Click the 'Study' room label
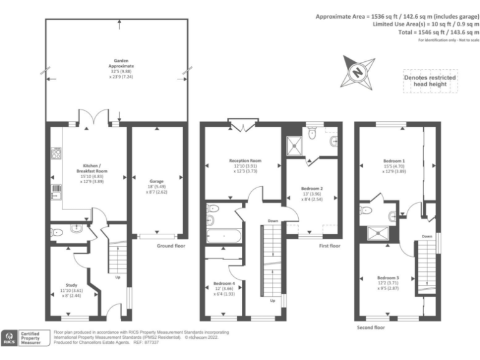pyautogui.click(x=71, y=285)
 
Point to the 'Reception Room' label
pyautogui.click(x=245, y=161)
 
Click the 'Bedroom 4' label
pyautogui.click(x=224, y=284)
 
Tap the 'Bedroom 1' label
pyautogui.click(x=394, y=161)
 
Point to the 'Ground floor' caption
pyautogui.click(x=171, y=246)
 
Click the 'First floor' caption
pyautogui.click(x=329, y=246)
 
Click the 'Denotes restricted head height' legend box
pyautogui.click(x=429, y=81)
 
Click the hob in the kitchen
pyautogui.click(x=55, y=152)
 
